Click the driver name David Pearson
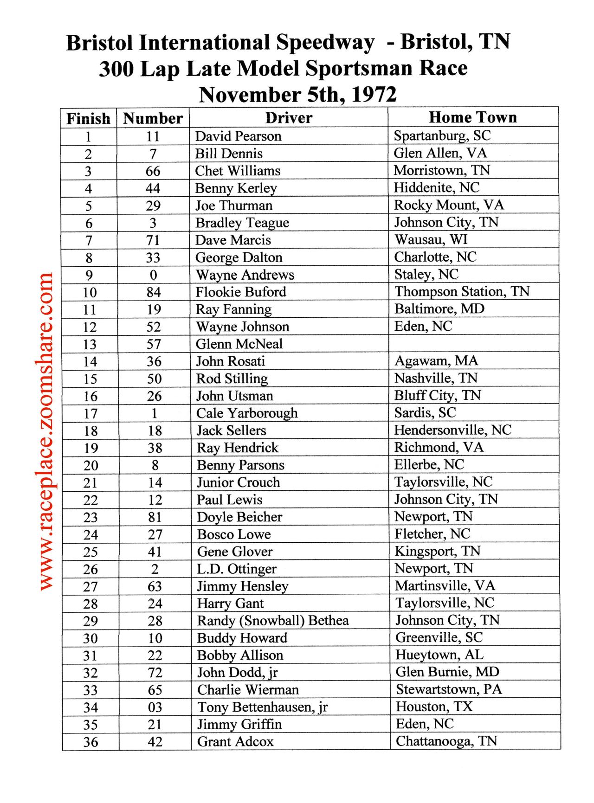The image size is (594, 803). [238, 136]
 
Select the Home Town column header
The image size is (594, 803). [472, 117]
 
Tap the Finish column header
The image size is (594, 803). [88, 119]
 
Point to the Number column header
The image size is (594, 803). [153, 119]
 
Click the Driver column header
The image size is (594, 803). [289, 118]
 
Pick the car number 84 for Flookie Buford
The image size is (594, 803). [153, 292]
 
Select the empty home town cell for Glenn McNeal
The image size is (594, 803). [473, 344]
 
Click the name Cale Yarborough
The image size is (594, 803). [247, 413]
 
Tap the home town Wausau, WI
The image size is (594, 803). [431, 240]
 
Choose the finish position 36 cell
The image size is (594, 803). [90, 742]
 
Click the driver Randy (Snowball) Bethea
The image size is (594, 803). [273, 621]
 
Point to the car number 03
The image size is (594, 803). [155, 707]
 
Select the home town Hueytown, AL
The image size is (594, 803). [439, 655]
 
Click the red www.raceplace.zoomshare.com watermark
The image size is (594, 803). [46, 431]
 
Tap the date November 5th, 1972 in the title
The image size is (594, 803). [297, 95]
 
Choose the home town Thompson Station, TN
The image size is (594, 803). [462, 292]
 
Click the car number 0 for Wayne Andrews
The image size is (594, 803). [153, 275]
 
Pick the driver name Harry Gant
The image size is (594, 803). [230, 604]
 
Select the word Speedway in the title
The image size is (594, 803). [325, 43]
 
